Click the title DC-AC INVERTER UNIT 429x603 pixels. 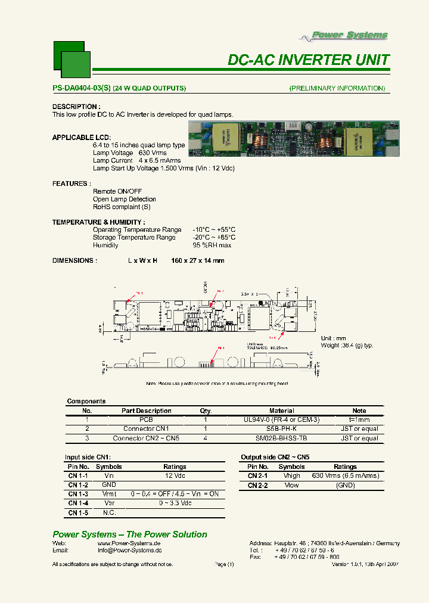click(309, 60)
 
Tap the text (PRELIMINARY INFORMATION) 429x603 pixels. click(337, 88)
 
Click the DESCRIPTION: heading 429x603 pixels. click(74, 107)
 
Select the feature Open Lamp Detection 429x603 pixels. click(125, 199)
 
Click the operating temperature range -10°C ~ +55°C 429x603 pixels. click(214, 229)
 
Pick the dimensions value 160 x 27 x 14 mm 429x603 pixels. click(198, 260)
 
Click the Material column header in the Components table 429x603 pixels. click(281, 411)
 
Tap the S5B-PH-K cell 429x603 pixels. click(281, 429)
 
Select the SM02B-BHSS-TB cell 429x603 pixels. click(281, 439)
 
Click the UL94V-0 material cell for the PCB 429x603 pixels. click(281, 419)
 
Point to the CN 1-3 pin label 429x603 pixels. click(78, 494)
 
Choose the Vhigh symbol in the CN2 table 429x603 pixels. click(291, 475)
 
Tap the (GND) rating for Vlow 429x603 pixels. click(345, 485)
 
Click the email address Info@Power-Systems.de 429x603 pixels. click(129, 551)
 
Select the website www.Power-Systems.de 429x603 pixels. click(129, 543)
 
